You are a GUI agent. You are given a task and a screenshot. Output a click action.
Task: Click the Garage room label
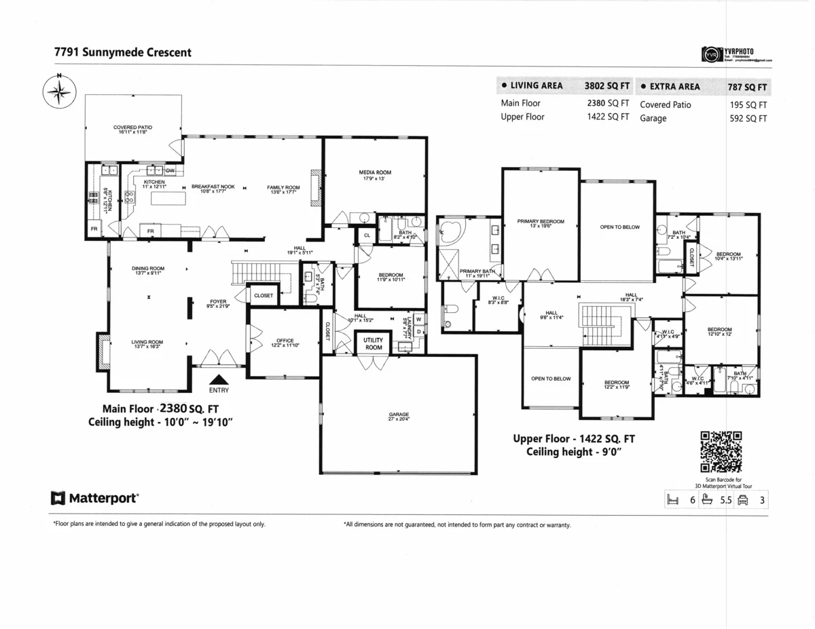399,417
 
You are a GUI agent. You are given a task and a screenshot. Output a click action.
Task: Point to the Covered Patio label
132,129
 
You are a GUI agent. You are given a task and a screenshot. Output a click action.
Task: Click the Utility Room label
374,343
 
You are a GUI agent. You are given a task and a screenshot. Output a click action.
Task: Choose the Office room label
285,343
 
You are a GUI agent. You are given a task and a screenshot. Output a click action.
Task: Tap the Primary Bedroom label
541,223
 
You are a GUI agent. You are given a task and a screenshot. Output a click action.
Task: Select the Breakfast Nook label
213,189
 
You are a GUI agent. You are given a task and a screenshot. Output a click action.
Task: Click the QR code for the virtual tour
721,451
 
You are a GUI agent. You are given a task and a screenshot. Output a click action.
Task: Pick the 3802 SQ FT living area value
606,86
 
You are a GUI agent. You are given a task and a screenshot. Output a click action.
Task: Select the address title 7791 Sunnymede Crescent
122,52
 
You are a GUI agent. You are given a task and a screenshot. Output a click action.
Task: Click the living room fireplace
103,351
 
